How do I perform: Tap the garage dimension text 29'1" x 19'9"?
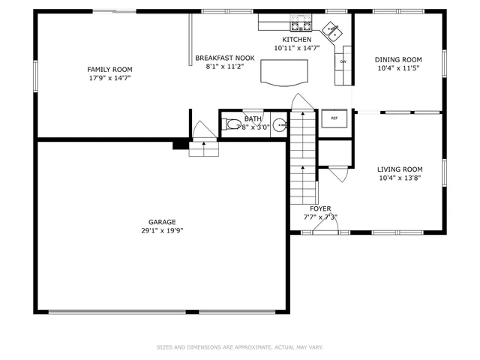pyautogui.click(x=162, y=231)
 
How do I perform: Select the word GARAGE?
pyautogui.click(x=162, y=222)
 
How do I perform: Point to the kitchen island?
pyautogui.click(x=284, y=71)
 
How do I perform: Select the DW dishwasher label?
pyautogui.click(x=343, y=62)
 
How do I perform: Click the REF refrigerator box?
pyautogui.click(x=334, y=118)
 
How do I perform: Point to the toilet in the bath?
pyautogui.click(x=232, y=124)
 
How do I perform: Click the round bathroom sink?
pyautogui.click(x=280, y=125)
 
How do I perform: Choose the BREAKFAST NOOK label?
pyautogui.click(x=225, y=58)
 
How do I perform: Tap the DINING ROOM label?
pyautogui.click(x=398, y=60)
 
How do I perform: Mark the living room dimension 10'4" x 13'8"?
pyautogui.click(x=399, y=178)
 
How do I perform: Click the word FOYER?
pyautogui.click(x=320, y=209)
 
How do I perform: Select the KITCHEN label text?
pyautogui.click(x=296, y=39)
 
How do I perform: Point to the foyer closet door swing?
pyautogui.click(x=336, y=175)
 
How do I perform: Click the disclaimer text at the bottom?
pyautogui.click(x=240, y=347)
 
